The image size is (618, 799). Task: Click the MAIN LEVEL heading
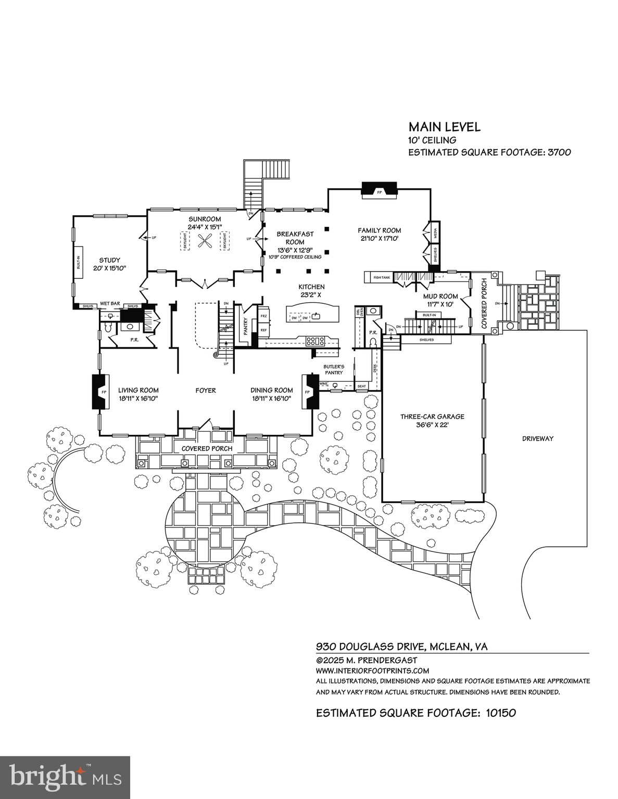(444, 127)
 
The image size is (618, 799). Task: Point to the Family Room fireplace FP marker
(379, 192)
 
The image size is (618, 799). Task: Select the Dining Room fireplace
(311, 391)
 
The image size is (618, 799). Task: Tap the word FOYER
(205, 390)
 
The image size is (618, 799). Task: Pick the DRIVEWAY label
(537, 439)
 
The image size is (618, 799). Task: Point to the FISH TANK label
(381, 277)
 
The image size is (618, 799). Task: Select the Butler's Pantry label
(334, 369)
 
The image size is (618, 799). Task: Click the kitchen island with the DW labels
(311, 314)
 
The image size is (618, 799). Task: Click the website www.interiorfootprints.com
(372, 671)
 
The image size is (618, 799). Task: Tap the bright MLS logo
(65, 778)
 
